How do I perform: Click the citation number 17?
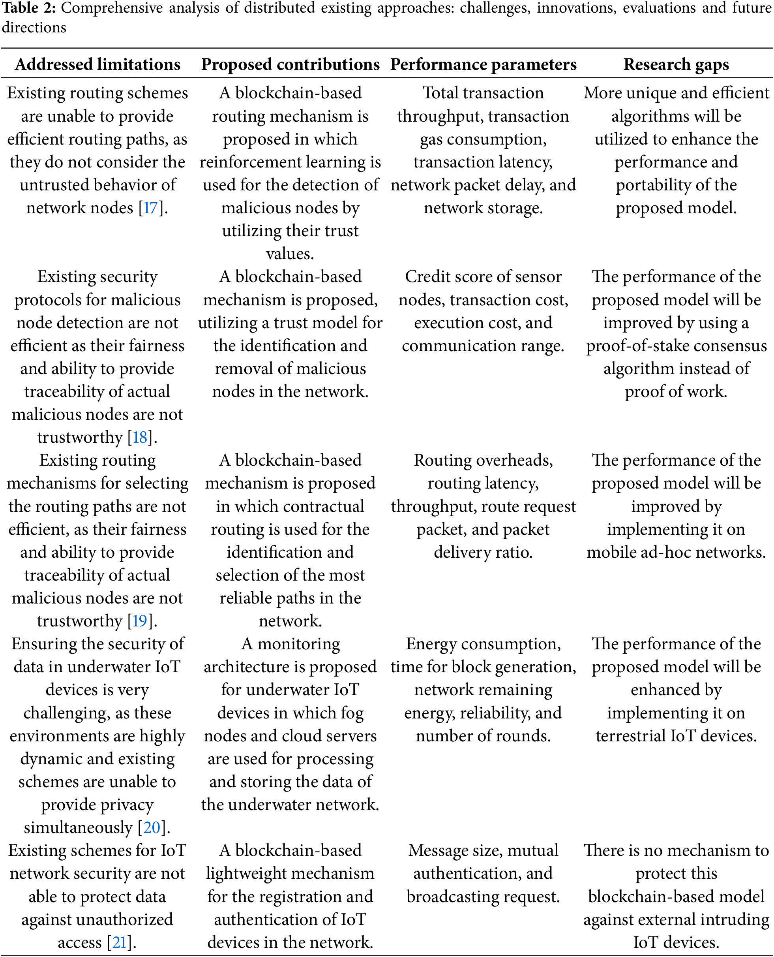151,208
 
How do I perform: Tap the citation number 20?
152,827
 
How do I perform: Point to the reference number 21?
120,942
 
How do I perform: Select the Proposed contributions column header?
290,65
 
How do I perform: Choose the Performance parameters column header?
483,65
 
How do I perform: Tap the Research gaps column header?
676,65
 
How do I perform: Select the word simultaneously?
78,827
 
